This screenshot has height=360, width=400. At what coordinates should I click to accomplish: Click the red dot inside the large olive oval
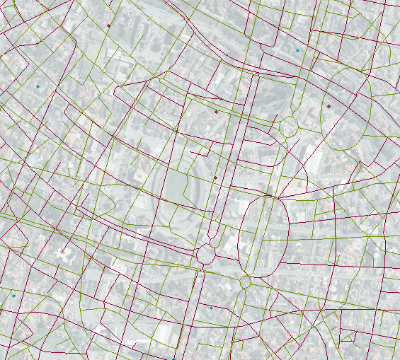click(x=328, y=106)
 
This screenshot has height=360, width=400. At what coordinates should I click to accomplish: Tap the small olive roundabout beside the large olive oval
click(x=288, y=127)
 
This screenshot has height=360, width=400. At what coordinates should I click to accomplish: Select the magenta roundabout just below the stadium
click(x=206, y=254)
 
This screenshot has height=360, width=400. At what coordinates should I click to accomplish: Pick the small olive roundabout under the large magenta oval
click(x=246, y=282)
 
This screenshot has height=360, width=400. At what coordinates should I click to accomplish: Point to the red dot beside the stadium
click(x=215, y=178)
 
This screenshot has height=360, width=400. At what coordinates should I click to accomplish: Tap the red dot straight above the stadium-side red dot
click(x=217, y=112)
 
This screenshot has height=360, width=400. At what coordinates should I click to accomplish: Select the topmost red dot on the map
click(x=109, y=26)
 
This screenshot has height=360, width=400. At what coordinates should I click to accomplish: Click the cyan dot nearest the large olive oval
click(x=297, y=50)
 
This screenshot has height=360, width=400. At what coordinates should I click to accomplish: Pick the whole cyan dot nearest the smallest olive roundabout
click(x=211, y=308)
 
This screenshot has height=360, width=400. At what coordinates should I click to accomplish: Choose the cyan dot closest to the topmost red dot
click(x=38, y=86)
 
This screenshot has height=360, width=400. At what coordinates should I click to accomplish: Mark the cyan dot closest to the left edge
click(x=13, y=296)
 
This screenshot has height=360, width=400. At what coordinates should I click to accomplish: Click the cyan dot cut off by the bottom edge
click(x=173, y=359)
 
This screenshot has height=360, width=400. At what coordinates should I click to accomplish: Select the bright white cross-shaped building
click(x=67, y=256)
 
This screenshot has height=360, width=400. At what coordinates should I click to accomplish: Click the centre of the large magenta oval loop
click(x=265, y=237)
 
